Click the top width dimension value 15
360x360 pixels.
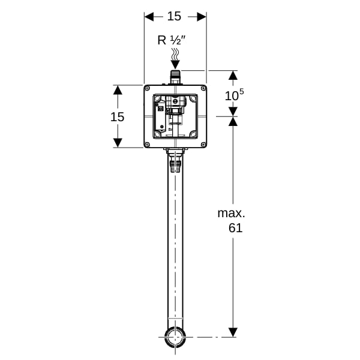[174, 16]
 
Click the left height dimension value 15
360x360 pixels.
[118, 117]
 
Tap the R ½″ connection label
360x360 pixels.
[171, 40]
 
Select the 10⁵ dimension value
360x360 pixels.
[234, 95]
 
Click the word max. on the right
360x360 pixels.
[231, 213]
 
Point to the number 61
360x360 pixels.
[236, 228]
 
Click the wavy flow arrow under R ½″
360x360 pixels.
[175, 59]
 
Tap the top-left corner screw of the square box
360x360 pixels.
[147, 88]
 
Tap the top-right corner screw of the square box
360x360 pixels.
[203, 88]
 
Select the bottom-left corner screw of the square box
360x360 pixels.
[147, 145]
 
